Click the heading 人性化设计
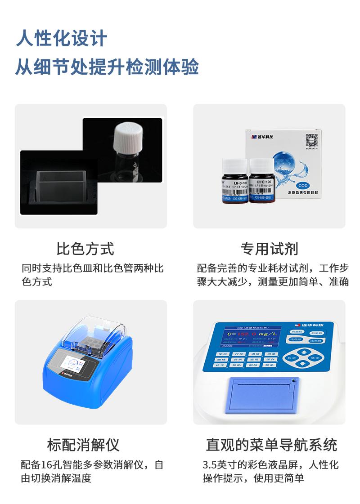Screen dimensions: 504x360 point(62,38)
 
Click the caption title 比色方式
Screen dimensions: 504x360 point(85,248)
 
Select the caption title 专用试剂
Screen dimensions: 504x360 point(269,248)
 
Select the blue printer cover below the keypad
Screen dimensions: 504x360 point(262,394)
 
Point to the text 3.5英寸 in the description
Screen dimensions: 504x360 point(218,464)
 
